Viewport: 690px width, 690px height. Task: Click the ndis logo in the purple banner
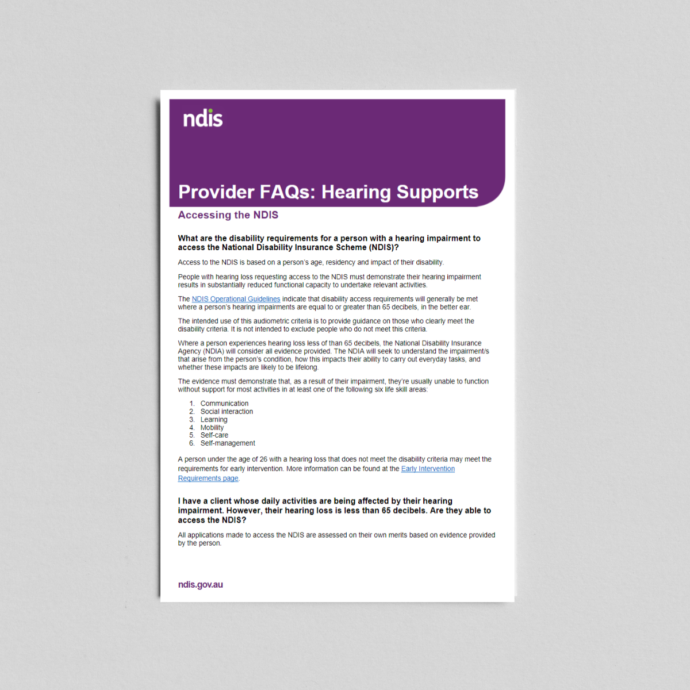click(202, 118)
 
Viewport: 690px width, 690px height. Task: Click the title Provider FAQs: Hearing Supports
click(328, 192)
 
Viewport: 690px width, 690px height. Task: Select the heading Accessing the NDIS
click(228, 215)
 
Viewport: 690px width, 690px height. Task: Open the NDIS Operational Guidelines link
click(236, 299)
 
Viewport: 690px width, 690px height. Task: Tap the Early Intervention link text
click(428, 469)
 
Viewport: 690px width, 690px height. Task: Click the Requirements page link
click(208, 478)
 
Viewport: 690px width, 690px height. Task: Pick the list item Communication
click(224, 404)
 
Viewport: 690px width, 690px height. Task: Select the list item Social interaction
click(227, 412)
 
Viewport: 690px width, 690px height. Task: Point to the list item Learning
click(214, 420)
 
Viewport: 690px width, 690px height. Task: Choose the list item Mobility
click(212, 428)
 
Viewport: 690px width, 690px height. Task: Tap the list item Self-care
click(214, 435)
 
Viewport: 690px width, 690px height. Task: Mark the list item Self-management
click(228, 443)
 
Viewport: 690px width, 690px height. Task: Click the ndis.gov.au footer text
click(200, 585)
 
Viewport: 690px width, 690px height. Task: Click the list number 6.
click(192, 443)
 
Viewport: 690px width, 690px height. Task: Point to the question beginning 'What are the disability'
click(329, 243)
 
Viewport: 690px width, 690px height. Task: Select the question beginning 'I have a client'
click(334, 511)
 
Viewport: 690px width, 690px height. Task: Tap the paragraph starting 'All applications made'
click(336, 539)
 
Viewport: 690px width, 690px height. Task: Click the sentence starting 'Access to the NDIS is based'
click(310, 262)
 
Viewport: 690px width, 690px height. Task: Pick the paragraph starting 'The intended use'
click(326, 325)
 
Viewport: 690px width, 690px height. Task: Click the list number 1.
click(192, 404)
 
